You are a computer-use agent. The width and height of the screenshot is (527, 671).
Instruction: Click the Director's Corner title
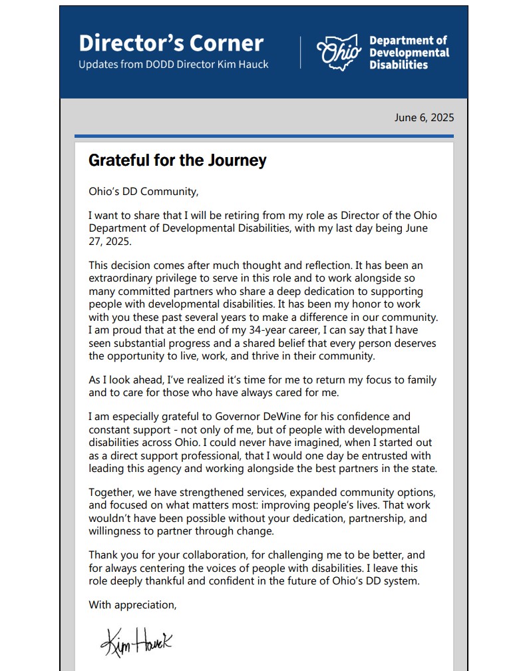point(171,43)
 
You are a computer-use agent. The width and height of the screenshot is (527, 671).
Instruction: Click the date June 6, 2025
point(424,118)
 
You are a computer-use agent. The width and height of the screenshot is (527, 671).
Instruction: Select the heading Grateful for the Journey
point(177,160)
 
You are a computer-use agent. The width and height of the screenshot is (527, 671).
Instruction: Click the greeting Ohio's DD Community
point(143,192)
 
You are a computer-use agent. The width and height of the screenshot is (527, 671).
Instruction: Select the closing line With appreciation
point(132,605)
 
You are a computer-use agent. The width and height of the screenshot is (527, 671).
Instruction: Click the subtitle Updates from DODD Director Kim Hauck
point(174,65)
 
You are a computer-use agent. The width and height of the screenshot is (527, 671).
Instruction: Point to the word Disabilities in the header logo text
point(399,65)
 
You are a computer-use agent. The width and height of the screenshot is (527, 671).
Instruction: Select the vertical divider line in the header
point(301,53)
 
